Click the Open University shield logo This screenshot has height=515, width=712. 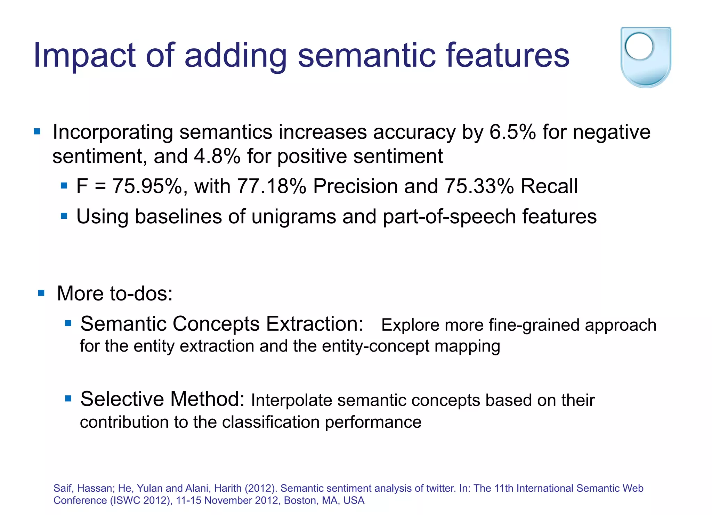646,57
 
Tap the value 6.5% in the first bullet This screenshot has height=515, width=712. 512,132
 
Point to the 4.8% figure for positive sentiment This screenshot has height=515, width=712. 217,156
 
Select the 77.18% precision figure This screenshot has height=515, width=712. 272,186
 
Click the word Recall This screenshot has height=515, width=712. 549,186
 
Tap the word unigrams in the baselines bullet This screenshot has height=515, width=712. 294,217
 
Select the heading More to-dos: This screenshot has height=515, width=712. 115,293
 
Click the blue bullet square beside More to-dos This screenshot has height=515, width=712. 41,293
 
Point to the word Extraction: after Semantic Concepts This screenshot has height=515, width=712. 315,324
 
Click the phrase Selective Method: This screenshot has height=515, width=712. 162,399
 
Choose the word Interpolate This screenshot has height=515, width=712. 291,401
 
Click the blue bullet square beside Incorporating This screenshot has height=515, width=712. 37,132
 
